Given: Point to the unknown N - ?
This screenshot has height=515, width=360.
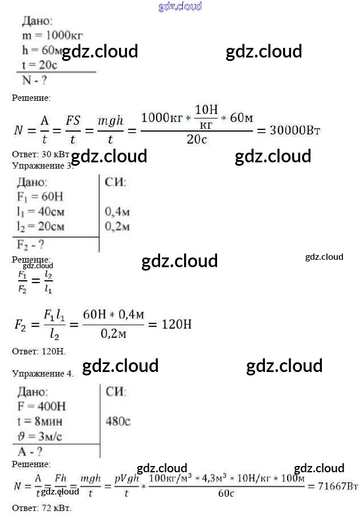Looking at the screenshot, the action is pyautogui.click(x=34, y=79).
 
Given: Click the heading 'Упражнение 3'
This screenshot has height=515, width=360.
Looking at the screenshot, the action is pyautogui.click(x=43, y=166).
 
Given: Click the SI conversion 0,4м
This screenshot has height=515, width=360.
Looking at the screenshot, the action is pyautogui.click(x=118, y=212).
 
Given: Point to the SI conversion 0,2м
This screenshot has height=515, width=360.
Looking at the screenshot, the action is pyautogui.click(x=118, y=227).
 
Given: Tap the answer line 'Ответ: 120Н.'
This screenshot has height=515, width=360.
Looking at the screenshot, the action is pyautogui.click(x=39, y=351).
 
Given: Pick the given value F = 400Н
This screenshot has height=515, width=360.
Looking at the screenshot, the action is pyautogui.click(x=42, y=406).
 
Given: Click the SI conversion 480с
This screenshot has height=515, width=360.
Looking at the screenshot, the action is pyautogui.click(x=118, y=422).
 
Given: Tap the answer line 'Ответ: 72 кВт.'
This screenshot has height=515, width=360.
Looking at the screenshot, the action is pyautogui.click(x=42, y=507).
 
